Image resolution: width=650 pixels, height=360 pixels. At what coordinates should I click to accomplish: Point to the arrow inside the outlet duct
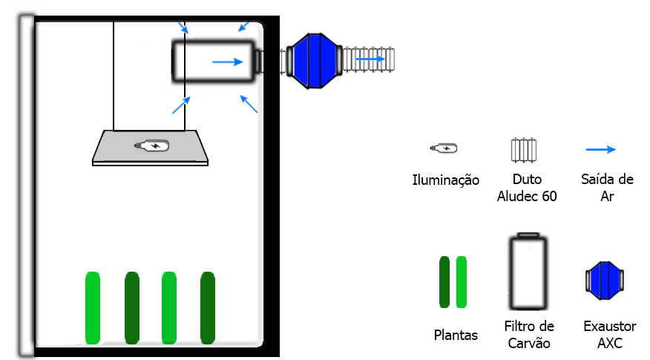pyautogui.click(x=369, y=58)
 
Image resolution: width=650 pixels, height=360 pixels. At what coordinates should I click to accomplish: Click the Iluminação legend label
pyautogui.click(x=446, y=180)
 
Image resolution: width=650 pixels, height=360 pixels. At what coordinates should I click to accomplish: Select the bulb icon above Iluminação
pyautogui.click(x=444, y=148)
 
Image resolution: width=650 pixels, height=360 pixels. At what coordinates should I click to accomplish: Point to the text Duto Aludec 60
pyautogui.click(x=527, y=188)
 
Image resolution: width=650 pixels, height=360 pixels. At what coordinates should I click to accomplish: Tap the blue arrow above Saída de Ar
pyautogui.click(x=601, y=149)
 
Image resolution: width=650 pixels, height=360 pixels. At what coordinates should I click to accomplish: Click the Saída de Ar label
pyautogui.click(x=608, y=188)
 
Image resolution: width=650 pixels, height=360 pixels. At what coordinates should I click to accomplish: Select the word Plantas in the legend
pyautogui.click(x=456, y=336)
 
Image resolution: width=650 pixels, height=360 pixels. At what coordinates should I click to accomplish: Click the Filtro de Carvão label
pyautogui.click(x=529, y=335)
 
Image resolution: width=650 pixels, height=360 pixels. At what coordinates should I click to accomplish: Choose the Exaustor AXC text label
pyautogui.click(x=610, y=335)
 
